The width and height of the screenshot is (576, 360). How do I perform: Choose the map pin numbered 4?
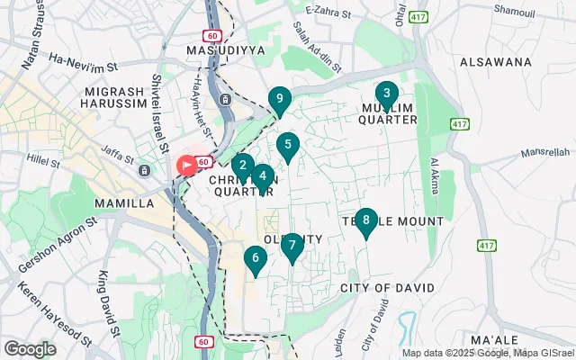[x=262, y=177]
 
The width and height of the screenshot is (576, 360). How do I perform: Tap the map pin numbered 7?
[x=292, y=246]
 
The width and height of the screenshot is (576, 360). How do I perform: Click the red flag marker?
[x=186, y=166]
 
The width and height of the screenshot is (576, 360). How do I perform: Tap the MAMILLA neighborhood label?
[x=123, y=203]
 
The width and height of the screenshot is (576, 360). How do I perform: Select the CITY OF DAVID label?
[x=387, y=287]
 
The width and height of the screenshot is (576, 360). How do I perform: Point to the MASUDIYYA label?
[x=225, y=50]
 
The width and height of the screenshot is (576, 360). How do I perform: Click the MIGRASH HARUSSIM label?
[x=121, y=99]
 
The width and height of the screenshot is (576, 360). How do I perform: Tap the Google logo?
[x=30, y=348]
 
